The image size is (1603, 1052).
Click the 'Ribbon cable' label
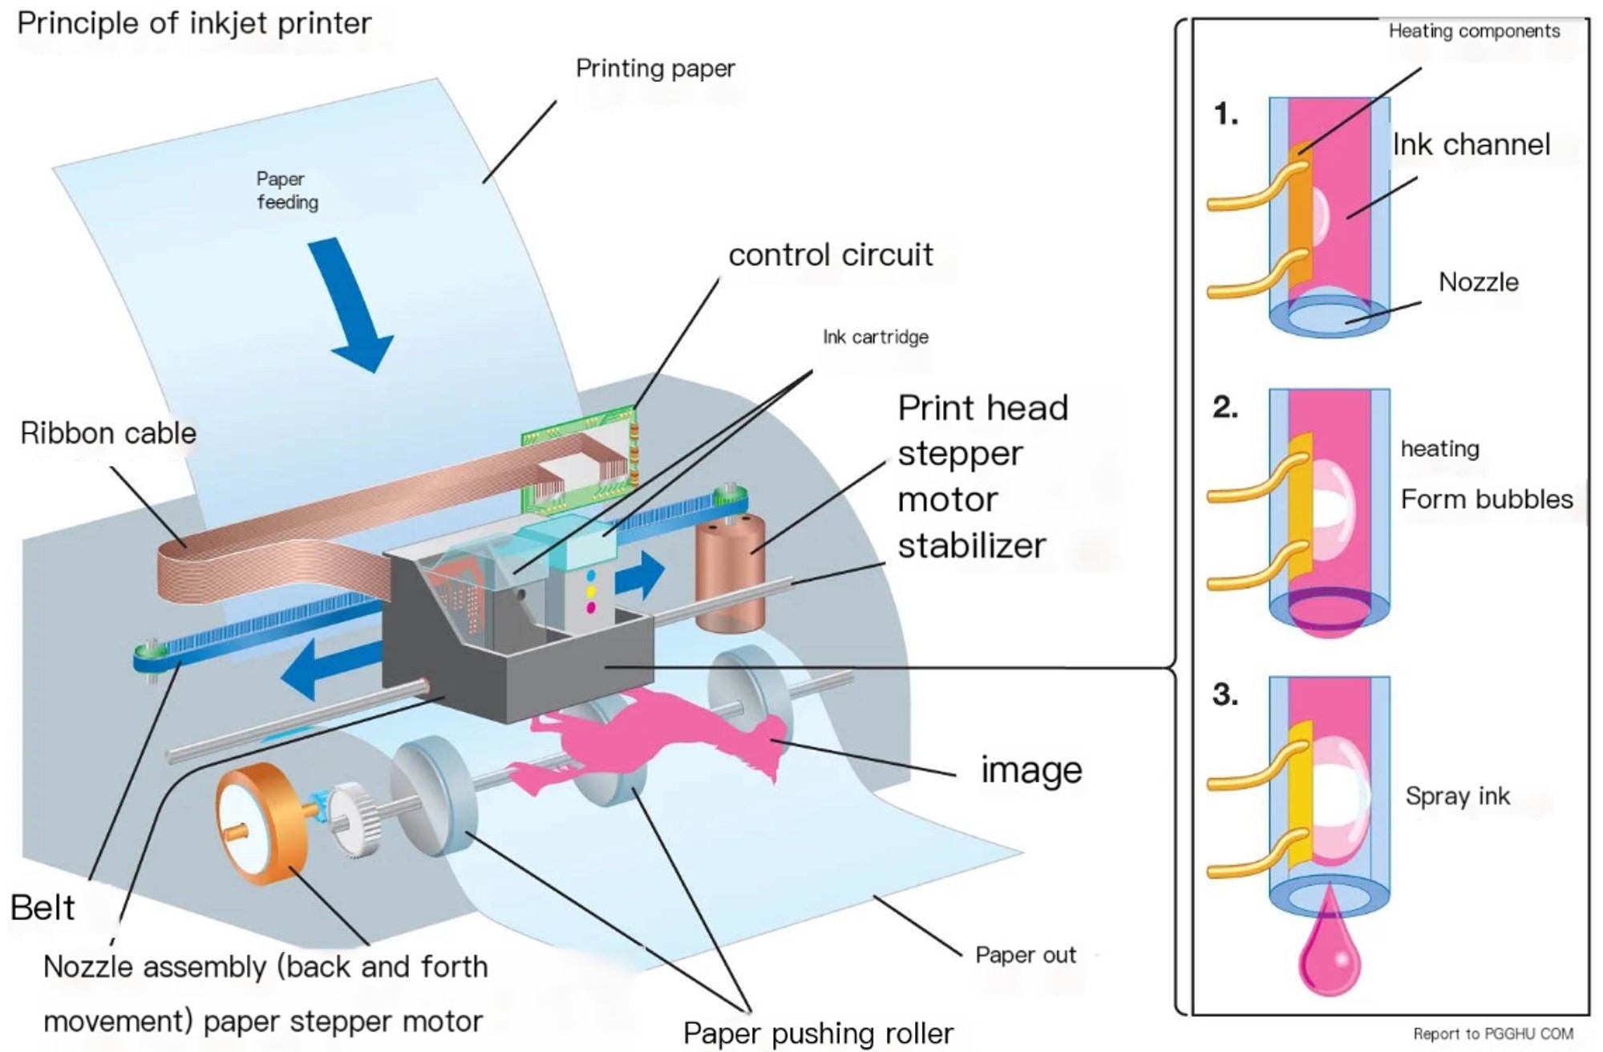pos(108,434)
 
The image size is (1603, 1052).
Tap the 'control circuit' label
pos(830,255)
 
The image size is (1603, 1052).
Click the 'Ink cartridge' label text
pos(875,337)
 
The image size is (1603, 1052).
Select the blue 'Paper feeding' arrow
pos(353,305)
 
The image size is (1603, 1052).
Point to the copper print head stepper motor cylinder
pos(729,573)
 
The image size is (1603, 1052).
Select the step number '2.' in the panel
pos(1225,407)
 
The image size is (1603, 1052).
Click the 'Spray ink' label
pos(1457,796)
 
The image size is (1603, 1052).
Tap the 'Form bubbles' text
pos(1486,500)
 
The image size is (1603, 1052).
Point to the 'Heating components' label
pos(1474,31)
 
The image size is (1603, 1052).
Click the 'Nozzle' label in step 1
pos(1478,282)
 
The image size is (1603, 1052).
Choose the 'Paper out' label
pos(1025,955)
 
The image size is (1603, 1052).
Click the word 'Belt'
pos(43,908)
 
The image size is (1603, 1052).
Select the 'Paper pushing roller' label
pos(818,1033)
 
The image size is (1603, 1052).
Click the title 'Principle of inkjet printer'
pos(194,23)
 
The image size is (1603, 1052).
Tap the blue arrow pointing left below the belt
pos(329,670)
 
